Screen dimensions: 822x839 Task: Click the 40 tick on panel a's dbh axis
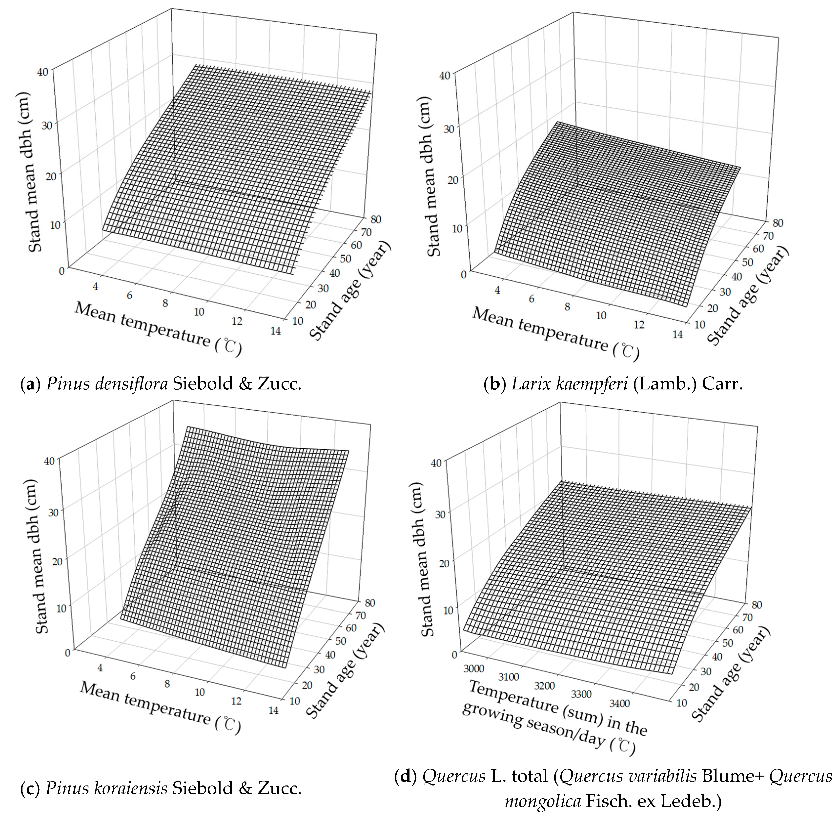(42, 72)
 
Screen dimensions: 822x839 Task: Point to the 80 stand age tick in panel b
(778, 223)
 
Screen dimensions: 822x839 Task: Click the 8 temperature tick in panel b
(567, 306)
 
